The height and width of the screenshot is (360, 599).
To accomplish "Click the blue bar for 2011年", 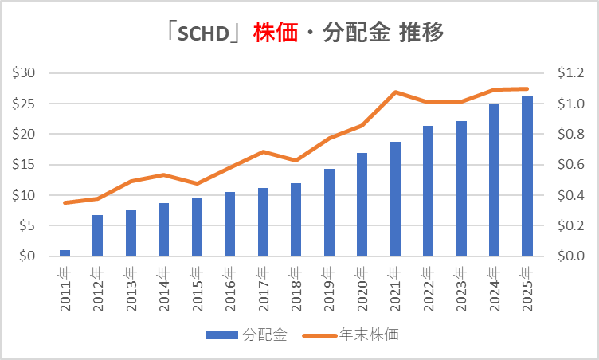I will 65,253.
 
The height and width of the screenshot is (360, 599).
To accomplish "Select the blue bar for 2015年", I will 197,227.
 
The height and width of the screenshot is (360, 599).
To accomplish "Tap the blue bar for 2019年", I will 329,213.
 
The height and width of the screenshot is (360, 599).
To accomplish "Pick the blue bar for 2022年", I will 428,191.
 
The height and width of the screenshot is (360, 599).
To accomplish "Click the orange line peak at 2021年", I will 395,92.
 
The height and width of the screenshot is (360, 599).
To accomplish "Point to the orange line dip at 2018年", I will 296,160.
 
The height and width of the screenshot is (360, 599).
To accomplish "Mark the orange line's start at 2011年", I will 65,202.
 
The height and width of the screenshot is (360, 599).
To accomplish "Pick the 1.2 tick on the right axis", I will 569,73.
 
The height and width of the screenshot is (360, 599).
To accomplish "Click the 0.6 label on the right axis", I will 569,165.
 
